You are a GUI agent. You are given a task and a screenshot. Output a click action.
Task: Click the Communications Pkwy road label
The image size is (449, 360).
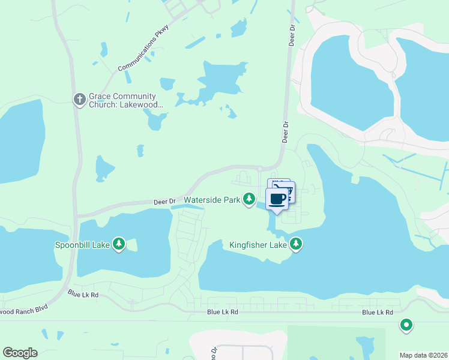click(x=139, y=52)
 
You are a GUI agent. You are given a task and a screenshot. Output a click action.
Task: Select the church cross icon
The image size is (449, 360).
click(x=79, y=100)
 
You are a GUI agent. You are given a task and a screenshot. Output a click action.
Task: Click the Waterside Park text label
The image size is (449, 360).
click(x=212, y=199)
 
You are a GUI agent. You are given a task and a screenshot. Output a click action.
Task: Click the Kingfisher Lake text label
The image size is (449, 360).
click(x=258, y=244)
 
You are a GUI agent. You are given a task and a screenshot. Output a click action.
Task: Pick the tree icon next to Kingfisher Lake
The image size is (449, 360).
click(x=295, y=244)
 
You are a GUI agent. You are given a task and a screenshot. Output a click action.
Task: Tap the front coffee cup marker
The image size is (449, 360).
click(x=277, y=199)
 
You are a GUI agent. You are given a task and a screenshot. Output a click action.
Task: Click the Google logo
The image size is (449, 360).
click(x=20, y=353)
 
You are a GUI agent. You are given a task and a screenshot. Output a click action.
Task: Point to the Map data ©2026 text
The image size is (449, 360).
click(x=423, y=355)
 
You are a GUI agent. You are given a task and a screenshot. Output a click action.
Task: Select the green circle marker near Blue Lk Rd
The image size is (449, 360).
click(x=406, y=325)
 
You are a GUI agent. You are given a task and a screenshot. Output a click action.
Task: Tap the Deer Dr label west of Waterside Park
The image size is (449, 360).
click(x=164, y=202)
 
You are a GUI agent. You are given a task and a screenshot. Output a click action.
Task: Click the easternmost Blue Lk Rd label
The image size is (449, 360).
click(x=378, y=313)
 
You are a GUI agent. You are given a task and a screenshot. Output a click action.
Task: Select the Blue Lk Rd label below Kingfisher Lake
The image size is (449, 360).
click(x=223, y=312)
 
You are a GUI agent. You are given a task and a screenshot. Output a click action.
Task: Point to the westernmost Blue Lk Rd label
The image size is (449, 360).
click(x=83, y=294)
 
